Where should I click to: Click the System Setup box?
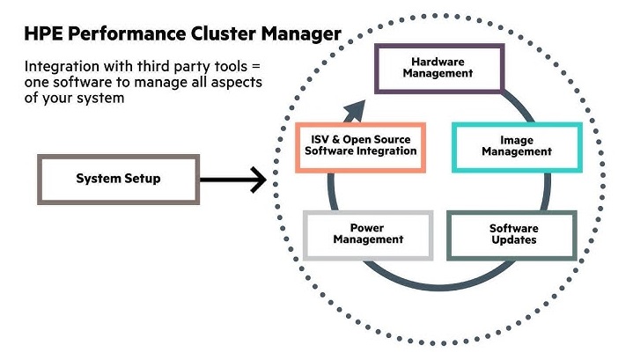117,179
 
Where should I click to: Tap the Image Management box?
516,146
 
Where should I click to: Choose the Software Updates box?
512,234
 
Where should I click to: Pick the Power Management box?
368,233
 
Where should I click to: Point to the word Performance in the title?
131,35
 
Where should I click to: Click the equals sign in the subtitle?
256,68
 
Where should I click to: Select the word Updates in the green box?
512,240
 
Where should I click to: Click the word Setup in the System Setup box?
142,179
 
